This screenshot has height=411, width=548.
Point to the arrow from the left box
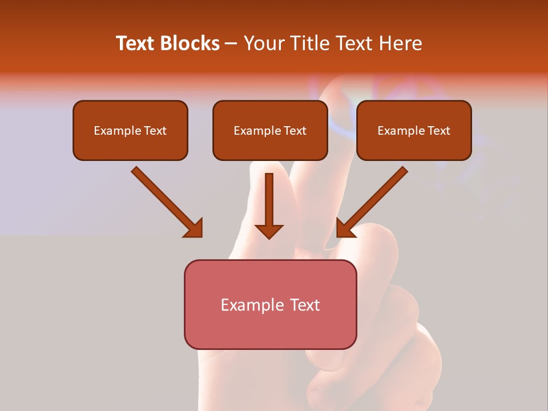tap(163, 198)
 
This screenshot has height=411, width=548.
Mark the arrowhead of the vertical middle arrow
tap(269, 231)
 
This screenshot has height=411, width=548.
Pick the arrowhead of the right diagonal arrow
tap(345, 228)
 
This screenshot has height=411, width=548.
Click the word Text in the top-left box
tap(155, 131)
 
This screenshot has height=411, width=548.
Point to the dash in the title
tap(231, 43)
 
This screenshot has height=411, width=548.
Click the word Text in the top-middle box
tap(295, 131)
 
